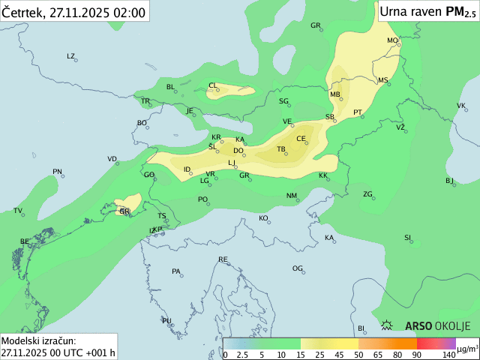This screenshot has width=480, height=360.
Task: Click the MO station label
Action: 391,40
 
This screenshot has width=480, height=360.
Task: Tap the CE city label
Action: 301,139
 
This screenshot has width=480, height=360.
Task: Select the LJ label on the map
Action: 232,163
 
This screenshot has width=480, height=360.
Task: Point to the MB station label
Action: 334,94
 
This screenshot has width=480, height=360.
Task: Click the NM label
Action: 292,196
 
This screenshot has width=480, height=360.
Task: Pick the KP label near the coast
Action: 157,229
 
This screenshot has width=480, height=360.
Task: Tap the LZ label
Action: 71,56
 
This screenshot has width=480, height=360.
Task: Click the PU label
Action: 166,320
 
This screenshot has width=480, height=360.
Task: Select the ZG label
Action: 367,194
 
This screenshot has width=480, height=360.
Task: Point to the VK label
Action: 460,106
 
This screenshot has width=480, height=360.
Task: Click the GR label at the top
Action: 316,25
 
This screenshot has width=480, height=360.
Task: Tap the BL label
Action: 170,87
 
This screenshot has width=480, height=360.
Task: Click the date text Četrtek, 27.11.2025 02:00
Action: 74,11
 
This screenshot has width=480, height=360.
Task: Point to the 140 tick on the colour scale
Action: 449,354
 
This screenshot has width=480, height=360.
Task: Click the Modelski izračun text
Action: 38,340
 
